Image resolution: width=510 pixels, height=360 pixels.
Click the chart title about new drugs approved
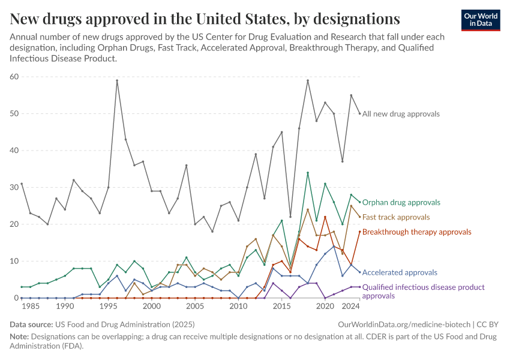coord(205,19)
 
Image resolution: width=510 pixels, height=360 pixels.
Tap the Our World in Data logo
coord(481,20)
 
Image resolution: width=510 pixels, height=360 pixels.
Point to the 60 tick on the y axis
coord(14,77)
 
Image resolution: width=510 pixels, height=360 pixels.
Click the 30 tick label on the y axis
coord(14,187)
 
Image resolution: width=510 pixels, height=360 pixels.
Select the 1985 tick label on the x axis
coord(31,306)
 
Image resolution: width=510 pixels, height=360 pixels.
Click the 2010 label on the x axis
coord(238,306)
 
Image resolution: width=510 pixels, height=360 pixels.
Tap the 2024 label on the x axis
coord(350,306)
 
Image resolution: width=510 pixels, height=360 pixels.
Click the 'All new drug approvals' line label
coord(401,113)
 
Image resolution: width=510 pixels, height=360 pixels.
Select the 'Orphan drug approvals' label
coord(401,202)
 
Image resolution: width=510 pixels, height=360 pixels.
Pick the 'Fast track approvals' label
coord(396,217)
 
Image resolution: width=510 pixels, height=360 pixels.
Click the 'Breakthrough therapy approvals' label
coord(416,232)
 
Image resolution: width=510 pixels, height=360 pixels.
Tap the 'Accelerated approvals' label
coord(400,272)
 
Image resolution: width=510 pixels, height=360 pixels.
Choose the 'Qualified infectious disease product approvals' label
coord(423,291)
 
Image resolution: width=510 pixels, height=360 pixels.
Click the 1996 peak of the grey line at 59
coord(117,80)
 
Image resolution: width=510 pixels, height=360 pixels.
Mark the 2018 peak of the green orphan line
coord(308,173)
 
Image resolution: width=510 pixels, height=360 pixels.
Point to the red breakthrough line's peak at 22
coord(325,217)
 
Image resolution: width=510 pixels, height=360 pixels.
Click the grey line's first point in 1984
coord(22,184)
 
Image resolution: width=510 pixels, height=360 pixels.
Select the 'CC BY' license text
coord(489,324)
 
